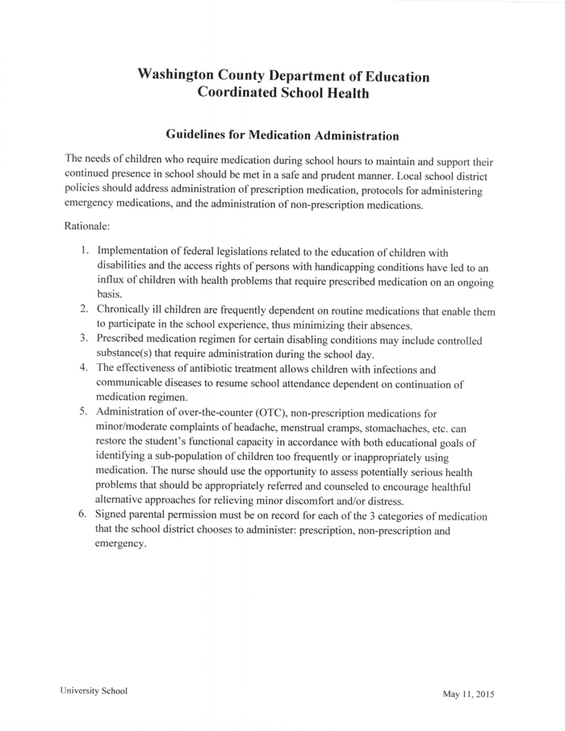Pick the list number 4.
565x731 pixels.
pyautogui.click(x=84, y=369)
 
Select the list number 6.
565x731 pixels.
pyautogui.click(x=84, y=515)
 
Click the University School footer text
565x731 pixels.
pyautogui.click(x=93, y=691)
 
